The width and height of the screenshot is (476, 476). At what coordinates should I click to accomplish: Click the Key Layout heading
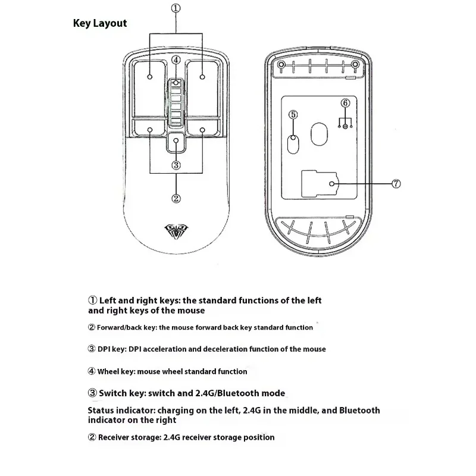(99, 23)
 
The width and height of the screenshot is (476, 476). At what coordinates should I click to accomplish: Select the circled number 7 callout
(397, 184)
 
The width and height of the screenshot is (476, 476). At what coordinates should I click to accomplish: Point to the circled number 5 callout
(292, 114)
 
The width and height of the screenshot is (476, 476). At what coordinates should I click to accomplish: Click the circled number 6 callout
(345, 103)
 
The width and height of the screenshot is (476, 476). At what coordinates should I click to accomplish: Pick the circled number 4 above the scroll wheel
(176, 59)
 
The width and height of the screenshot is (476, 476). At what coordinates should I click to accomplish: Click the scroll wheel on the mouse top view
(176, 102)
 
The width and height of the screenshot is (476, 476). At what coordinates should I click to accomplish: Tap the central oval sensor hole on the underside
(319, 134)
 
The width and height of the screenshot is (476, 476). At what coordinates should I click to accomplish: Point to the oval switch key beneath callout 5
(293, 142)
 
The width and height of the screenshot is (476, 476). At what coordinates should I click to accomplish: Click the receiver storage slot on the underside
(319, 184)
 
